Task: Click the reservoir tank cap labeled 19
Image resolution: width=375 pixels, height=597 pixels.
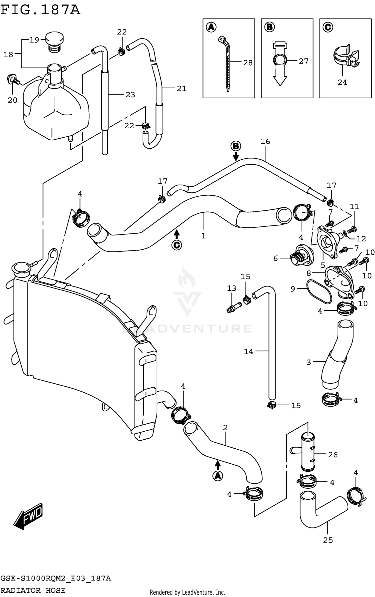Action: coord(54,41)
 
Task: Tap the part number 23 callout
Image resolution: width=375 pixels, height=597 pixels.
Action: coord(130,95)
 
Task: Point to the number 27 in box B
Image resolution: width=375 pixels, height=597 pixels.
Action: coord(303,61)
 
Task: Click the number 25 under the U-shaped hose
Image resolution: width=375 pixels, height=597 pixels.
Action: coord(328,540)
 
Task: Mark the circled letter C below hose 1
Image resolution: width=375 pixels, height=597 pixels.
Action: coord(177,245)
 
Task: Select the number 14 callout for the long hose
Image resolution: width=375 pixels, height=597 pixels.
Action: coord(248,352)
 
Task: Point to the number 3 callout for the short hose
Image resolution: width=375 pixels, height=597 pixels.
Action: coord(309,362)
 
